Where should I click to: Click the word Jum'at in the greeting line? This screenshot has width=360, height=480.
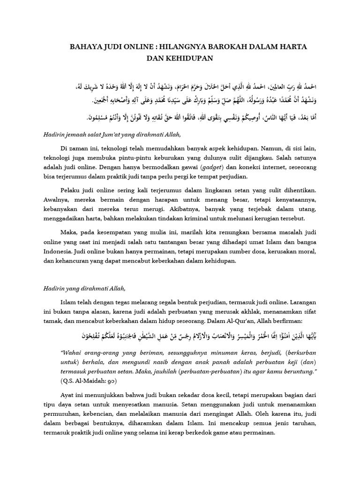click(x=111, y=134)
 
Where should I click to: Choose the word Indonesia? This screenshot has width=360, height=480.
click(x=59, y=250)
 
